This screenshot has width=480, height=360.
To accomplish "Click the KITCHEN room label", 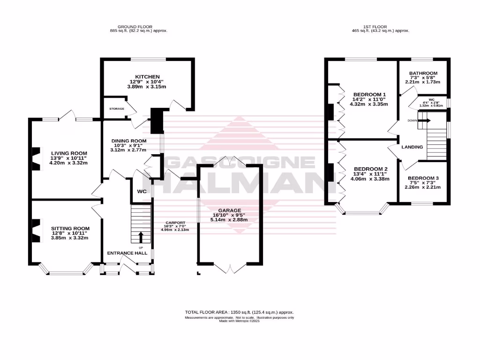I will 148,76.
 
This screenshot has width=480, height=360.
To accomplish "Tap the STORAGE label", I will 117,109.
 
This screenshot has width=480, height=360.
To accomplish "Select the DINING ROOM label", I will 128,141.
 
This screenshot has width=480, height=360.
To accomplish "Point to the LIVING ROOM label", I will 69,153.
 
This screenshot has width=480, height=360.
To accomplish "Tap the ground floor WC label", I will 142,192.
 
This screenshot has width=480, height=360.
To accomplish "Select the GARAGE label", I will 229,210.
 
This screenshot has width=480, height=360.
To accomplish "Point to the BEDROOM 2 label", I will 370,169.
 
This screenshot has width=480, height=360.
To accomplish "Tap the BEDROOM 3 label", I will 423,178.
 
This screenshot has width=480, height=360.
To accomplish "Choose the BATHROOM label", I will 423,73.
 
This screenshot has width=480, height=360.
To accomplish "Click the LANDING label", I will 412,147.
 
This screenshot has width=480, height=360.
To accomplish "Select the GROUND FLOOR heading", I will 136,27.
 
